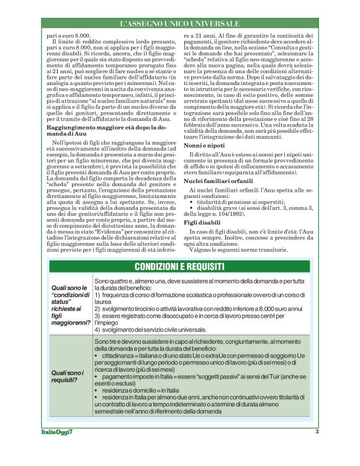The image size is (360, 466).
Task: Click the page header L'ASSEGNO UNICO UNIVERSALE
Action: pyautogui.click(x=179, y=24)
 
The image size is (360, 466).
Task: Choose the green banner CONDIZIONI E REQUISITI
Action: pyautogui.click(x=180, y=267)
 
